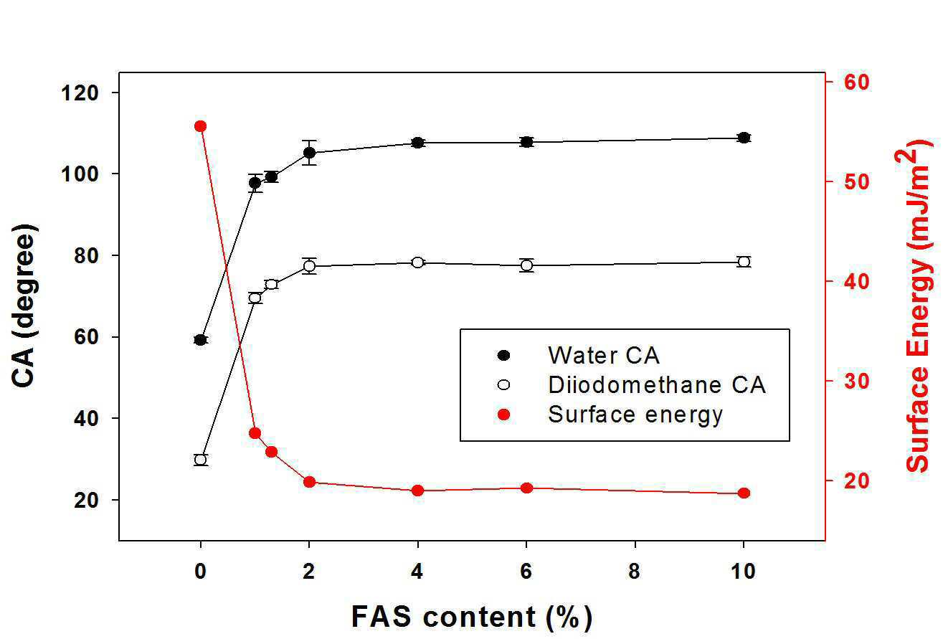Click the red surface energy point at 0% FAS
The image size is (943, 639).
click(200, 126)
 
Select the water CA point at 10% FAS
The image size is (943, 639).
click(744, 138)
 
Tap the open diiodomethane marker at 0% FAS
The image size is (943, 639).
click(200, 459)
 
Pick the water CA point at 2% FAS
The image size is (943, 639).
click(309, 152)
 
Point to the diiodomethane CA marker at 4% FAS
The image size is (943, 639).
click(417, 262)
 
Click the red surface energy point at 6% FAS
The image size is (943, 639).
click(526, 488)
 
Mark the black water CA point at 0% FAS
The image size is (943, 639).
click(200, 340)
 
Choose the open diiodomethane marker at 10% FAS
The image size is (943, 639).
click(744, 262)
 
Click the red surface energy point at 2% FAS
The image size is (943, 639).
click(309, 482)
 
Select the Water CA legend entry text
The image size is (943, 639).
click(603, 355)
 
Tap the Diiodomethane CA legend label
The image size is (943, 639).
click(656, 384)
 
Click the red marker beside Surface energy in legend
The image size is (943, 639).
click(503, 415)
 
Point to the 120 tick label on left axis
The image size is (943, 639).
click(80, 93)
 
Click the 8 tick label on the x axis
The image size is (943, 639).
click(635, 572)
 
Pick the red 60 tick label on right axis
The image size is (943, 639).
click(856, 82)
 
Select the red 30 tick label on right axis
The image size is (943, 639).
click(856, 381)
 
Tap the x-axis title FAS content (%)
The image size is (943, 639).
click(472, 617)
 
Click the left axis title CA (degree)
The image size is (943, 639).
click(24, 306)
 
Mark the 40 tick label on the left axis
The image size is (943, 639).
click(86, 418)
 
